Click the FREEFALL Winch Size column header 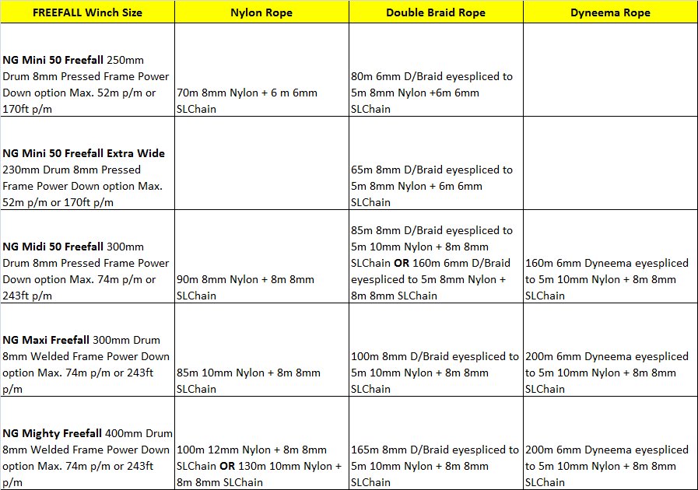88,12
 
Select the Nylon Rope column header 262,12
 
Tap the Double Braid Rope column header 436,12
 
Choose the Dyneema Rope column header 610,12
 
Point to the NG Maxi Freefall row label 86,364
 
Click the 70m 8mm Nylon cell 247,100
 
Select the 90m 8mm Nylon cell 246,287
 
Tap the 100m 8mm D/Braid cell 435,373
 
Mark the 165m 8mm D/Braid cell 435,466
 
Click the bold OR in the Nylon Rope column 233,466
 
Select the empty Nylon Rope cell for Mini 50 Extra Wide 262,163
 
